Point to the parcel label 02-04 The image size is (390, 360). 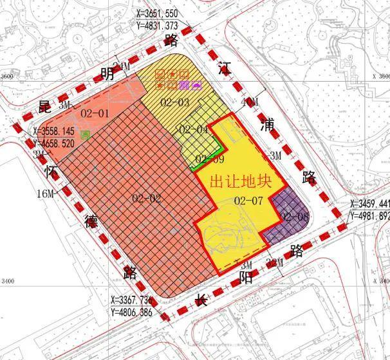tap(193, 130)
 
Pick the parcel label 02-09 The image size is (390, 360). tap(210, 159)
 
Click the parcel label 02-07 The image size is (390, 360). tap(248, 201)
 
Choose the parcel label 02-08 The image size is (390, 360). tap(295, 216)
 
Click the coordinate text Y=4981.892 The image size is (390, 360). tap(370, 216)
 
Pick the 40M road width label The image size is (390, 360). tap(248, 103)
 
